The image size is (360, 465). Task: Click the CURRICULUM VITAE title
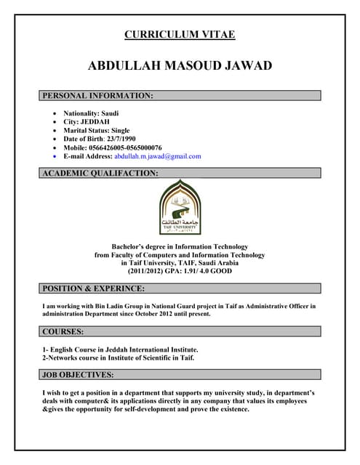click(x=180, y=34)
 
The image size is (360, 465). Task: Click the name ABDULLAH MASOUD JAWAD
click(x=180, y=66)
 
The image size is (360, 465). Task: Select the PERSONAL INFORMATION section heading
click(x=97, y=95)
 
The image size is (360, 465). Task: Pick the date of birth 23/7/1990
click(x=121, y=139)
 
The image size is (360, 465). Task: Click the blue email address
click(x=158, y=156)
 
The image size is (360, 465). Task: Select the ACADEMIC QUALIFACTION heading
click(x=100, y=173)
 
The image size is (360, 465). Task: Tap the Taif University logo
click(x=180, y=206)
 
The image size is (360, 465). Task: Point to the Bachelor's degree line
click(x=180, y=246)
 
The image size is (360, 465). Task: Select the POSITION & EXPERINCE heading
click(x=94, y=288)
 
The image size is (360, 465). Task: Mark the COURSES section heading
click(x=63, y=331)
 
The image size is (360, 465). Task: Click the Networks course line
click(x=118, y=357)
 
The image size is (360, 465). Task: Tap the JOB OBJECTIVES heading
click(x=78, y=375)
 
